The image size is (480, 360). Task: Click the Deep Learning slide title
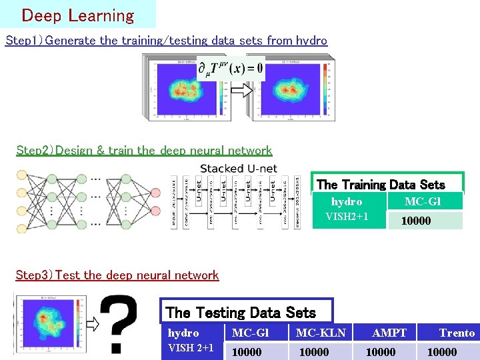click(77, 15)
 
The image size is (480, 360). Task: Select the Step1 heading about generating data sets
click(166, 40)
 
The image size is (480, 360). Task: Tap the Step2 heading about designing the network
click(143, 150)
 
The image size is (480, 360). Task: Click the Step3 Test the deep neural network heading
click(117, 275)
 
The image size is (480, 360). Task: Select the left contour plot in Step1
click(184, 89)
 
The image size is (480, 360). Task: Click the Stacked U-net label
click(238, 169)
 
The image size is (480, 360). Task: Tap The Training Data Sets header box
click(380, 184)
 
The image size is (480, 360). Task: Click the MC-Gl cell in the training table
click(423, 201)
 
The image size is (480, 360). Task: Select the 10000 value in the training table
click(416, 221)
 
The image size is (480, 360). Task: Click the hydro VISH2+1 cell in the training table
click(347, 209)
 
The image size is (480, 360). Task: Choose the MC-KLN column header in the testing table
click(321, 333)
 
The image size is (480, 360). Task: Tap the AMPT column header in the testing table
click(389, 333)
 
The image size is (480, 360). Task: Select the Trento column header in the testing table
click(457, 333)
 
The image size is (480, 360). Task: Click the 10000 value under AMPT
click(381, 351)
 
